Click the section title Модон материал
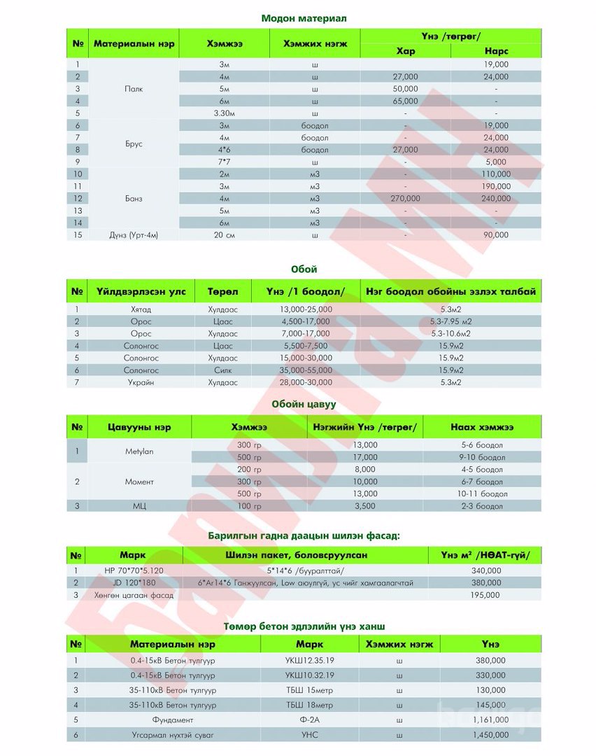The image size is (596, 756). (304, 17)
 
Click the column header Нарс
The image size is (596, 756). (496, 52)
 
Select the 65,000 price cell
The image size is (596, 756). (406, 101)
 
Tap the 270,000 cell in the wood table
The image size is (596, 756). (406, 199)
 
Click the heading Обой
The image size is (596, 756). (304, 269)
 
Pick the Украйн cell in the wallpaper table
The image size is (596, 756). (141, 383)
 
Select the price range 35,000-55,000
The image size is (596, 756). (306, 370)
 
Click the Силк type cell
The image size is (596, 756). (222, 370)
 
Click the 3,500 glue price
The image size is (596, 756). (365, 506)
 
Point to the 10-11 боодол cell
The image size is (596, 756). (482, 493)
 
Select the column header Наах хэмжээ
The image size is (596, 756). (482, 427)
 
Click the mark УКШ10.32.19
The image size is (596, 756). (309, 675)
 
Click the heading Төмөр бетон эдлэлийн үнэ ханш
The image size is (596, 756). (304, 625)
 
